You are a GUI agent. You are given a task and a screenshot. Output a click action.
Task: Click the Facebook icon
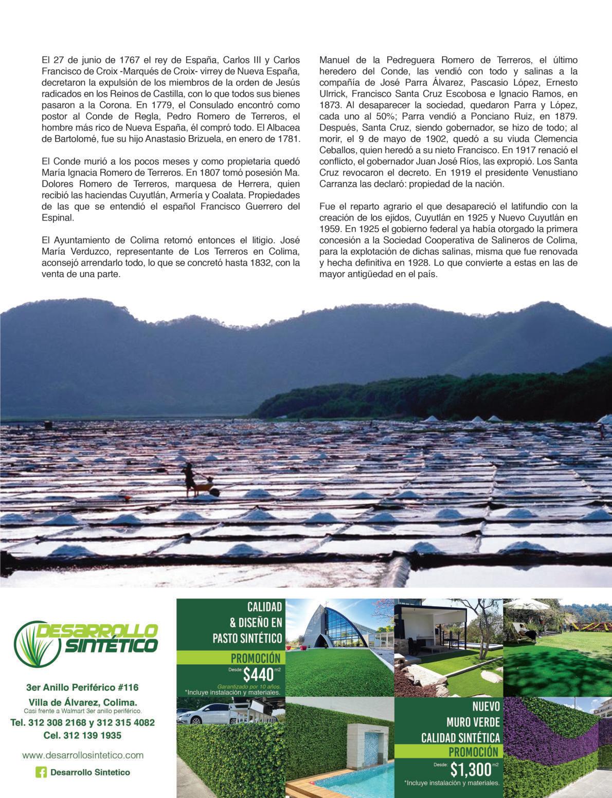tap(41, 772)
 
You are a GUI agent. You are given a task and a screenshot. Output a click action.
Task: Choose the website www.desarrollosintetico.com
tap(83, 755)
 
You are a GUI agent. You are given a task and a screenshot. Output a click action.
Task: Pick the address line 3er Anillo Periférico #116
tap(82, 687)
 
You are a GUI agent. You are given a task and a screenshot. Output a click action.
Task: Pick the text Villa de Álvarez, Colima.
tap(82, 702)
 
